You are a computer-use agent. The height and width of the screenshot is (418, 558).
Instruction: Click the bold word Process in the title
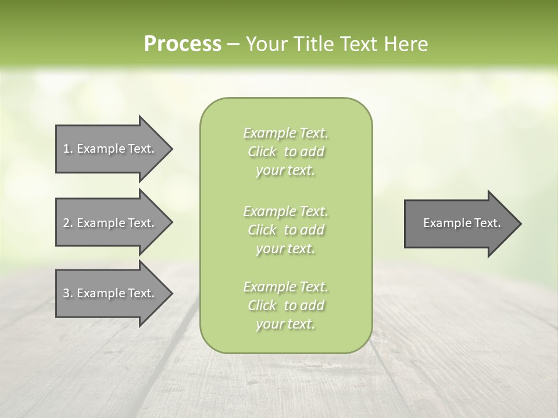coord(183,44)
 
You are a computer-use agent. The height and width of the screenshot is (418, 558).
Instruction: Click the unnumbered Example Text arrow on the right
coord(462,223)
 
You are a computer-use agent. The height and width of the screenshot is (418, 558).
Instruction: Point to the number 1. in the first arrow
coord(67,149)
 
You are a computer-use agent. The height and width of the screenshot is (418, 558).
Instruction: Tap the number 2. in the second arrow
coord(67,223)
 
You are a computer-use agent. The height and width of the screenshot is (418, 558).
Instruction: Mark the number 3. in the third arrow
coord(67,293)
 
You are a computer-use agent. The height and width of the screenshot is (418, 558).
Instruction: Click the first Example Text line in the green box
coord(285,134)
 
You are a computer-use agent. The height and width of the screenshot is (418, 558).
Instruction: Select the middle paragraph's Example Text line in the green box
coord(285,211)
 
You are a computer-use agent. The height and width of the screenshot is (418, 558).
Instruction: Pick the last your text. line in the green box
coord(285,325)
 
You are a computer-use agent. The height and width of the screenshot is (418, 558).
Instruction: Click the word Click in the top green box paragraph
coord(262,152)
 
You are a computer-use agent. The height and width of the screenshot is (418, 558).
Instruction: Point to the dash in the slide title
coord(234,45)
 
